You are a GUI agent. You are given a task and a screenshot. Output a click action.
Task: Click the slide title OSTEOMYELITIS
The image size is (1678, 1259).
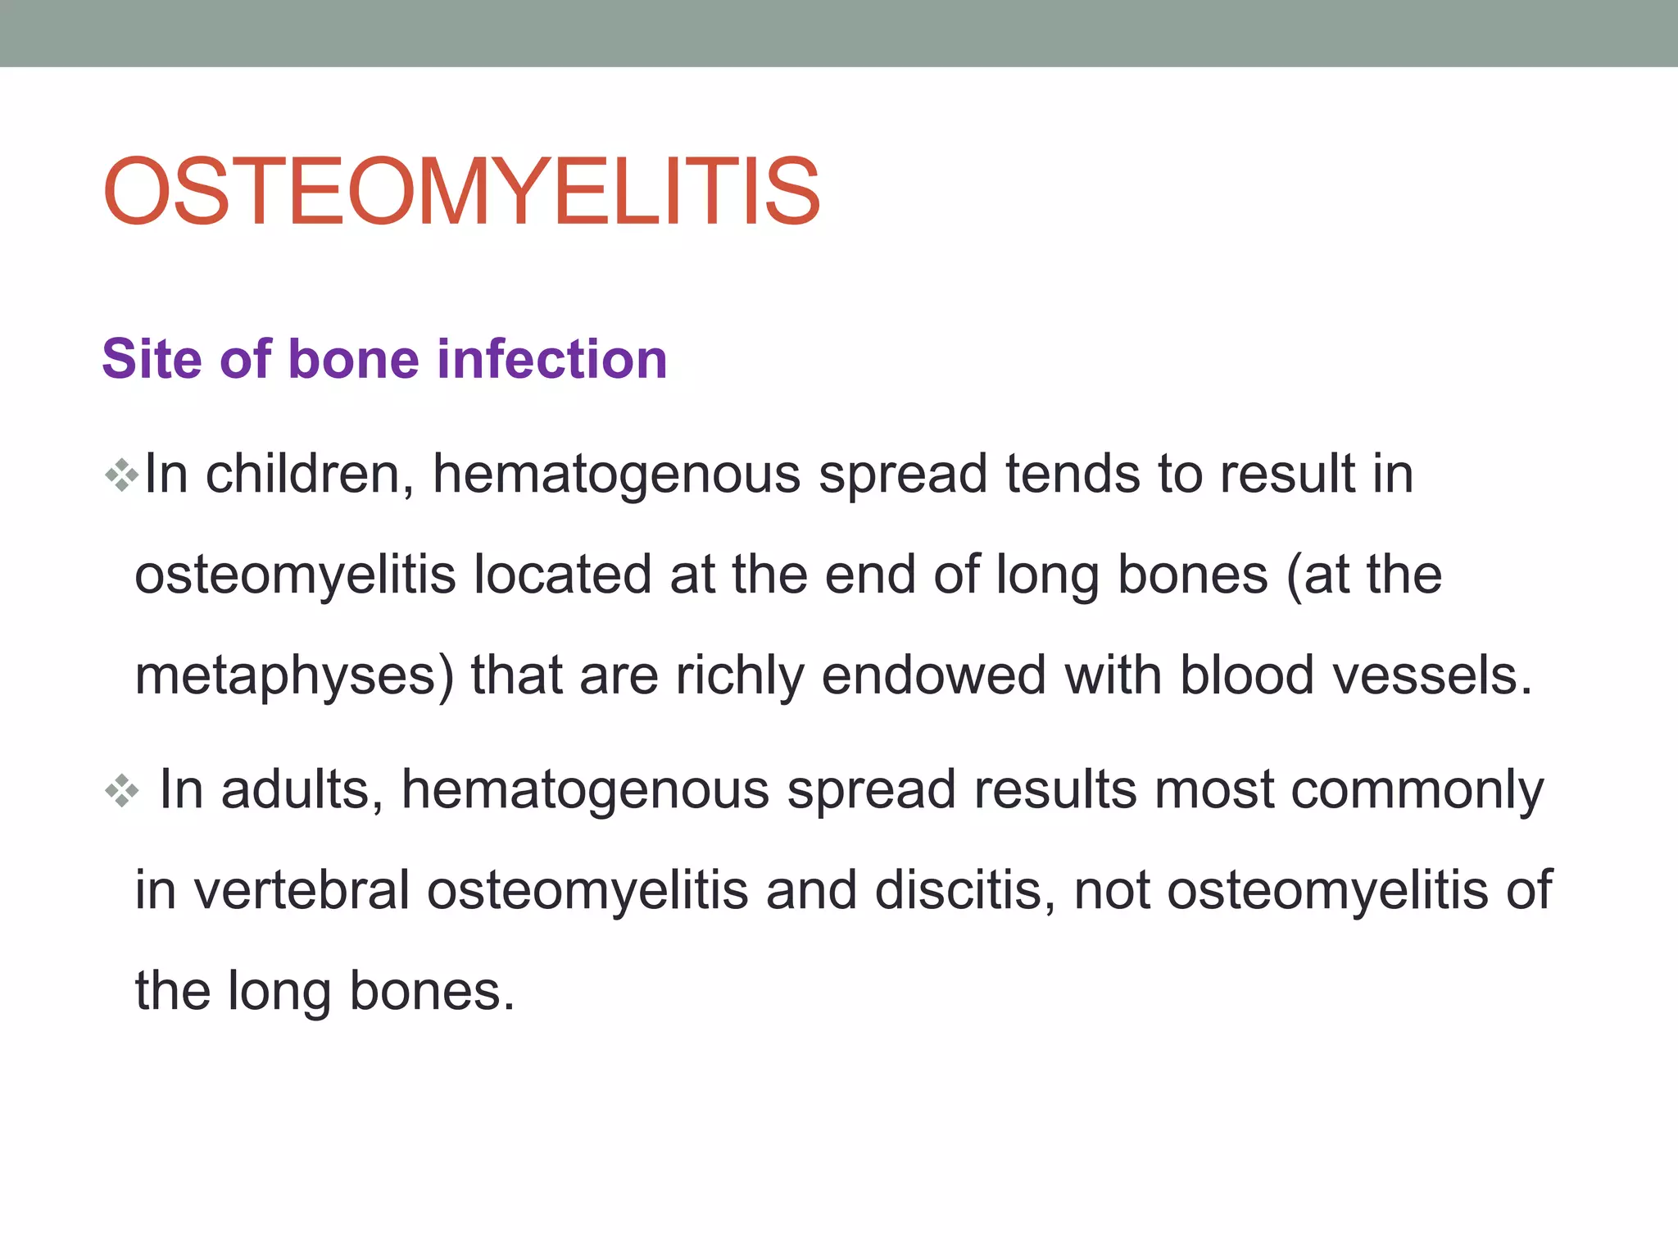461,192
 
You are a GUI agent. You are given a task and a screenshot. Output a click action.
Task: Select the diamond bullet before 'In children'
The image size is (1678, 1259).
122,475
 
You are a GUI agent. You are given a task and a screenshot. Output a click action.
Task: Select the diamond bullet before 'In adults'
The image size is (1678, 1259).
122,791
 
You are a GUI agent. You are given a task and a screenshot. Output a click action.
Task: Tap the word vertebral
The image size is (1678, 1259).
302,890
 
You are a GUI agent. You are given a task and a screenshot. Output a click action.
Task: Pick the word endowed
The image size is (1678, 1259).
933,675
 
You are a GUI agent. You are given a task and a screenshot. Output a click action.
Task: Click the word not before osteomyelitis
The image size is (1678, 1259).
1111,890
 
